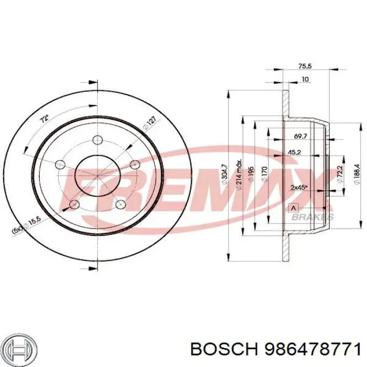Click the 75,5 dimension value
point(305,66)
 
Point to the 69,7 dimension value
point(300,136)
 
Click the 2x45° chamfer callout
point(299,187)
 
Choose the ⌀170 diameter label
point(265,173)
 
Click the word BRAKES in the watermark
point(312,217)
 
